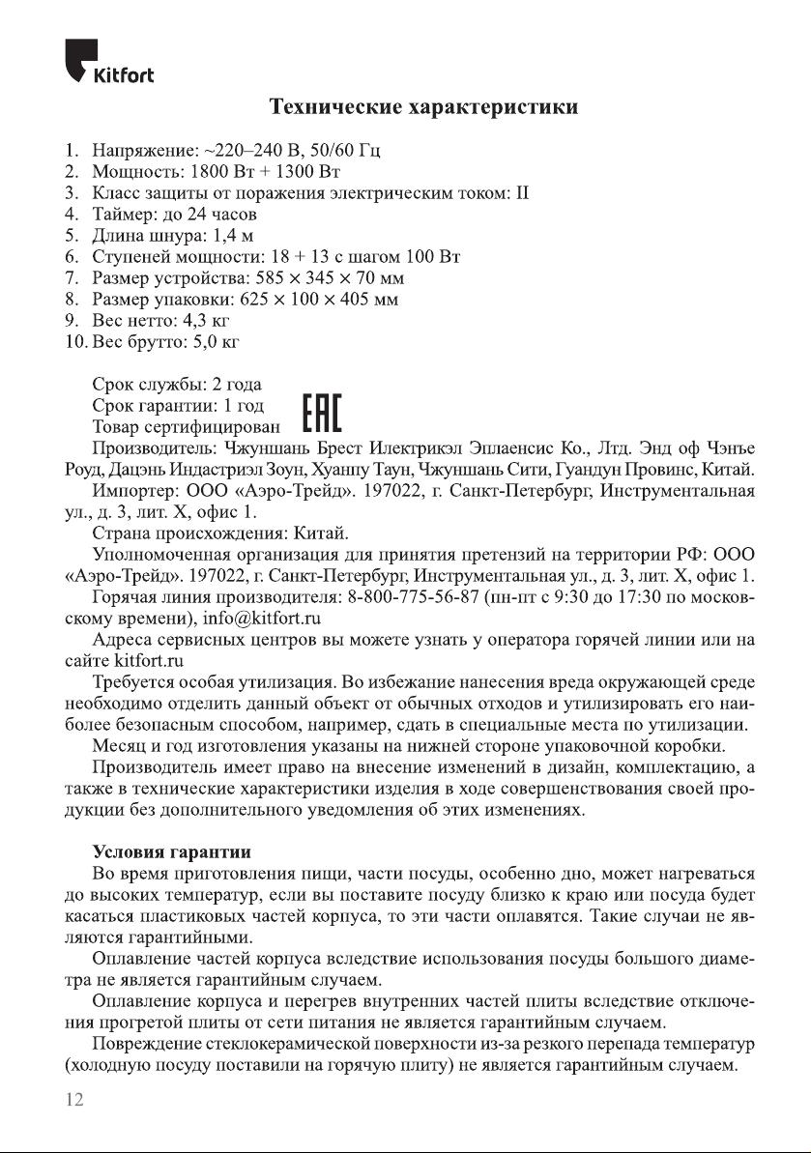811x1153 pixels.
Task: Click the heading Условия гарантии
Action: click(171, 851)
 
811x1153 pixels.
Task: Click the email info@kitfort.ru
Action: click(262, 617)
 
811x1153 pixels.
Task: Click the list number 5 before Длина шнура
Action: click(71, 236)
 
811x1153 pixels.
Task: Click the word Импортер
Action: click(134, 491)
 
